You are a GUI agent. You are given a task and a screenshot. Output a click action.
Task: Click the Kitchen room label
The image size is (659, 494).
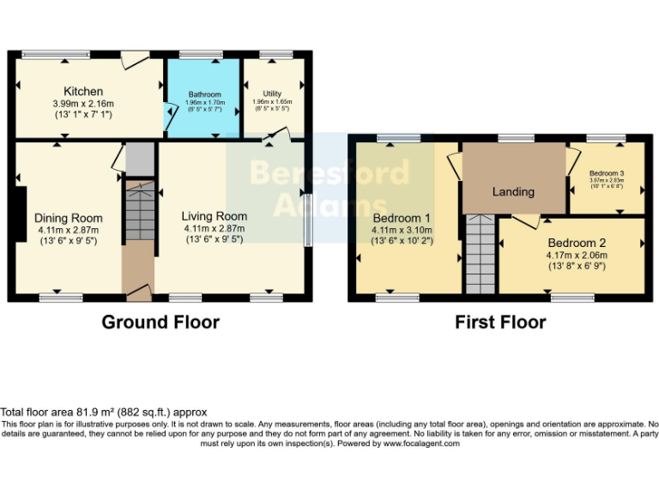coord(83,91)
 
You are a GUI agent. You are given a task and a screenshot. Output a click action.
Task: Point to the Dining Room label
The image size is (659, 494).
coord(68,218)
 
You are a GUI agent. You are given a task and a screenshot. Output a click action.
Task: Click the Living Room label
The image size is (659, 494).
coord(215,216)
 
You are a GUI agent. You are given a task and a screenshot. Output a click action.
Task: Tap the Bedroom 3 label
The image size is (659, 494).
coord(607,173)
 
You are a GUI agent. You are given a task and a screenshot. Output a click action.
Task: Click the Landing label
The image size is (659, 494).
coord(513,191)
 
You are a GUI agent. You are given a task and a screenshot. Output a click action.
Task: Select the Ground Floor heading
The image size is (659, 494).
coord(160,322)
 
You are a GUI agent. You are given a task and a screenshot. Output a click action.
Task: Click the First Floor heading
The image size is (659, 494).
coord(500,322)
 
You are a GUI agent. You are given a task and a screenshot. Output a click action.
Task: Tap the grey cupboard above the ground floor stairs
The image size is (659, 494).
coord(138,160)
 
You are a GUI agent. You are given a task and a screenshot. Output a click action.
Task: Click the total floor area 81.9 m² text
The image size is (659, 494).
coord(104,413)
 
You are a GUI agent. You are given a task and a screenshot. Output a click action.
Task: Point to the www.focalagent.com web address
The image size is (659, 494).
coord(420,443)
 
